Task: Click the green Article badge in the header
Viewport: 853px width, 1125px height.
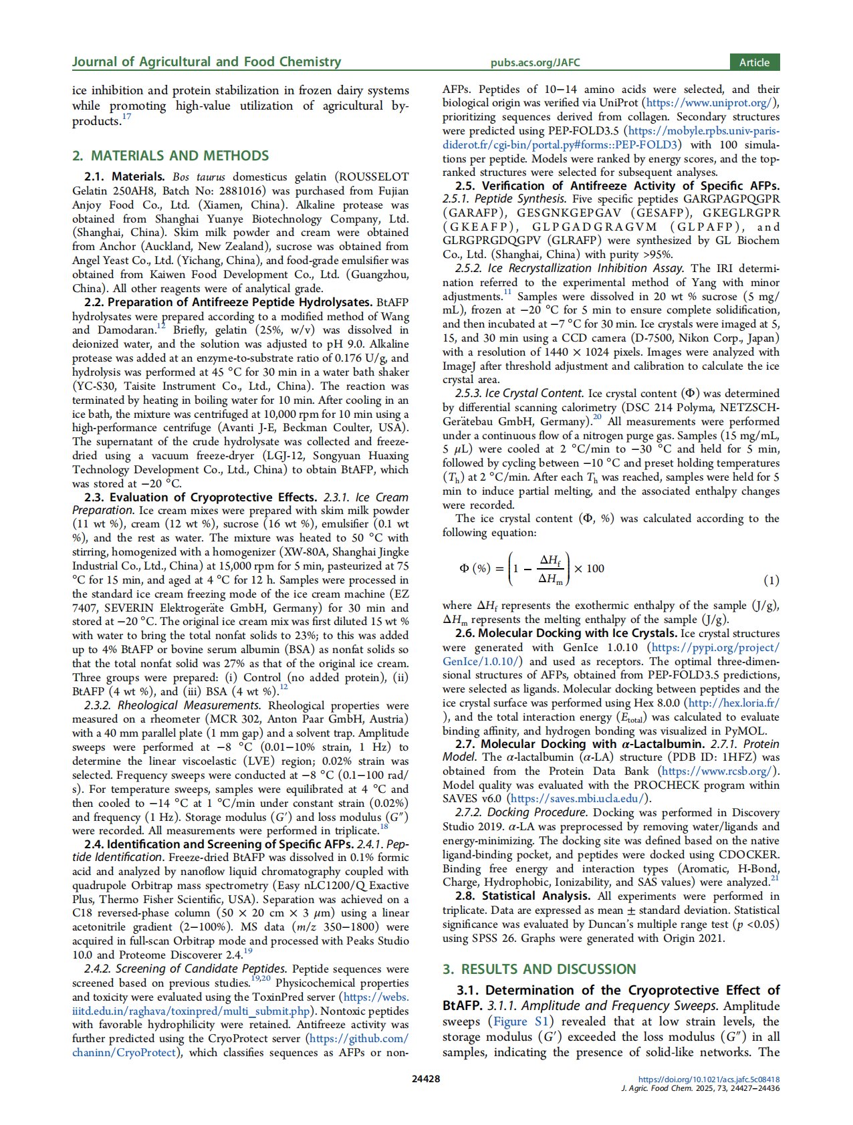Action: click(x=754, y=62)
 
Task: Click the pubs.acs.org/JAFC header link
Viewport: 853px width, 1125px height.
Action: click(x=535, y=63)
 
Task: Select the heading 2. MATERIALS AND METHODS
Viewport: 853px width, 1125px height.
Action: click(x=170, y=156)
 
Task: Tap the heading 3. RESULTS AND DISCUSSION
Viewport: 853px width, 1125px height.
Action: click(x=539, y=969)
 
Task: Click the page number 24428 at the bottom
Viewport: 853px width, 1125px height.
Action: click(x=426, y=1078)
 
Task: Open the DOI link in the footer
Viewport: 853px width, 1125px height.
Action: click(x=709, y=1079)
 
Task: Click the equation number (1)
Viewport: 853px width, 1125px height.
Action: click(x=771, y=580)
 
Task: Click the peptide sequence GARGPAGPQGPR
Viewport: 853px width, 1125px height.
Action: click(x=729, y=199)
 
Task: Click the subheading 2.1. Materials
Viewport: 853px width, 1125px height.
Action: click(x=124, y=177)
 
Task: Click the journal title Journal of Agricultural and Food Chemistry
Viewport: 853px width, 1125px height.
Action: click(x=207, y=62)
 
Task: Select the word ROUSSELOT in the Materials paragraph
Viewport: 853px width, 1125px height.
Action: click(x=372, y=177)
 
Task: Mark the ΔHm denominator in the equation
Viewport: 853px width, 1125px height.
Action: click(x=550, y=578)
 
